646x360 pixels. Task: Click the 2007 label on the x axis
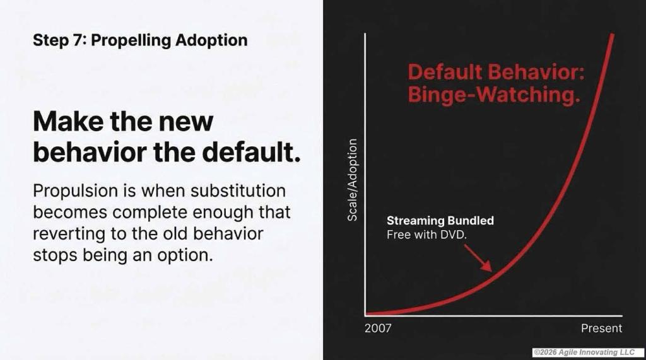point(378,328)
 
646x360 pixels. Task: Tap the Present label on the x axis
point(601,328)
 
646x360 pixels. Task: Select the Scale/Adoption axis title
point(352,180)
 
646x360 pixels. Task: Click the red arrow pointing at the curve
point(478,258)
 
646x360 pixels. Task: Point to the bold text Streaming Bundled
point(440,221)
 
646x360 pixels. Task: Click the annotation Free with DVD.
point(426,235)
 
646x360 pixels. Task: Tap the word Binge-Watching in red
point(494,95)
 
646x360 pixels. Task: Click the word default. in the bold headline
point(251,153)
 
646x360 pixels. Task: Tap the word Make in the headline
point(68,122)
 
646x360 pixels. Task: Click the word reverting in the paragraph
point(69,235)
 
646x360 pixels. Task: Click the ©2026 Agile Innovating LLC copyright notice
point(584,352)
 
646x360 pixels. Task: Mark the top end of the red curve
point(613,35)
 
